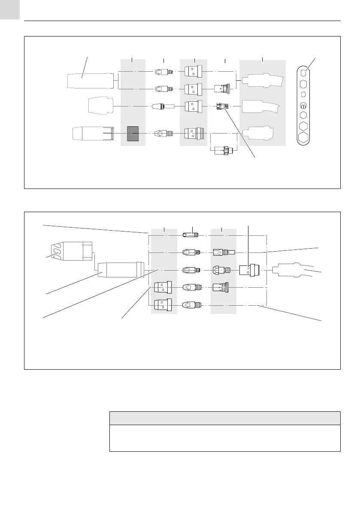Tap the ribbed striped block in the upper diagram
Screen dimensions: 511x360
click(133, 134)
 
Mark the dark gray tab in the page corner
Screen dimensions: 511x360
click(10, 9)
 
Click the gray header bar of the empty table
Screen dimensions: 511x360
click(225, 418)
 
